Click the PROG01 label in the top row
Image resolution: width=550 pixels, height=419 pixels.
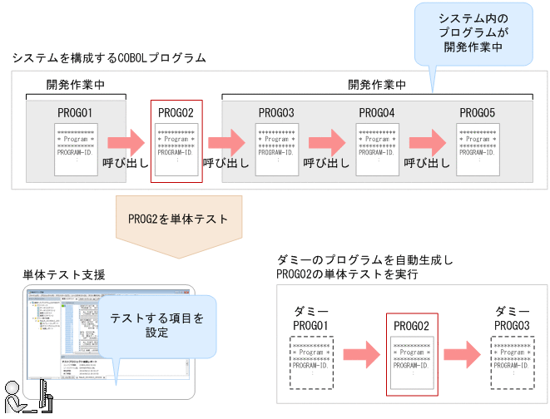[x=75, y=111]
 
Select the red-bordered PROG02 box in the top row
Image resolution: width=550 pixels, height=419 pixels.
[x=176, y=141]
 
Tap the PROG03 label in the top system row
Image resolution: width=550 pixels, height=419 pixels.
[x=275, y=111]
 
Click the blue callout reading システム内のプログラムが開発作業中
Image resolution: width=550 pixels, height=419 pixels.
[x=473, y=34]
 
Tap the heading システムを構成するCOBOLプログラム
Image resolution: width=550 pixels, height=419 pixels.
[x=109, y=58]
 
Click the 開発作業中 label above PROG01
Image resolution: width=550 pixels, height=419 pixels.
[x=75, y=85]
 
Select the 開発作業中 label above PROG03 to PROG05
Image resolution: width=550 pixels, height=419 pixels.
[x=377, y=85]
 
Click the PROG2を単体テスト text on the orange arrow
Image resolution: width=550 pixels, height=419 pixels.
[x=178, y=219]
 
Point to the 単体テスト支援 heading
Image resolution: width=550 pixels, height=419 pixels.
[x=65, y=274]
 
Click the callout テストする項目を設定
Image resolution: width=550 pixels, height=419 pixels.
[x=156, y=325]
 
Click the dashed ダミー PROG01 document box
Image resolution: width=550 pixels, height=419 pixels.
[x=312, y=362]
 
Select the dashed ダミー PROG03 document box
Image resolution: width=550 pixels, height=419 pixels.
[x=513, y=362]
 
